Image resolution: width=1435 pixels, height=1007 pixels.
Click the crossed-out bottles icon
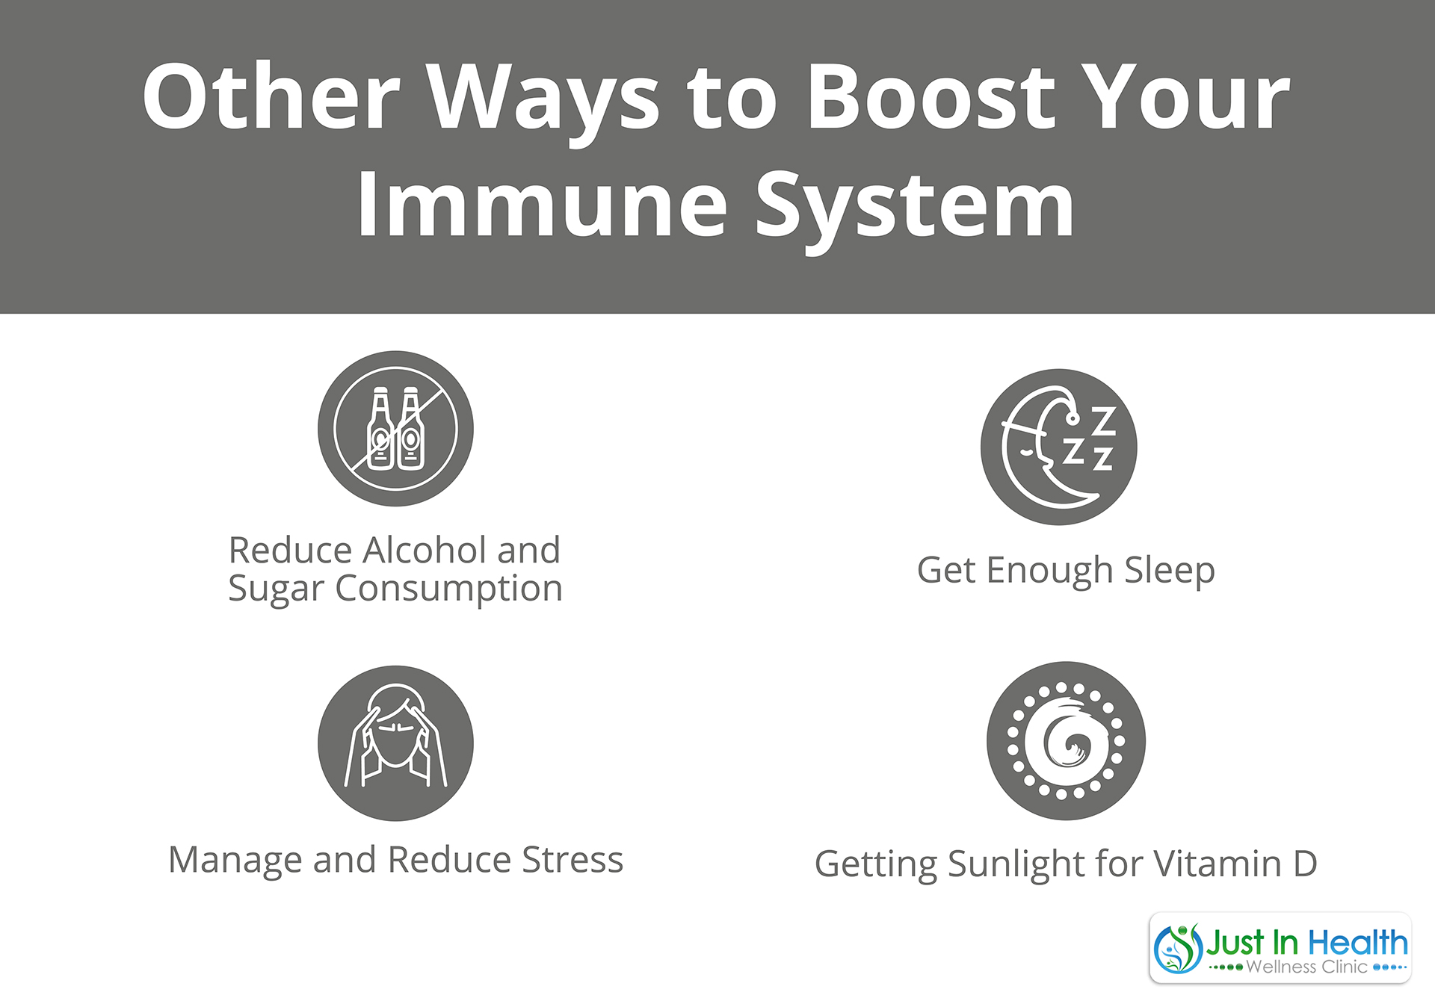coord(395,429)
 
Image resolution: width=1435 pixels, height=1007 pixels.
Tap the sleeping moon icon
coord(1058,447)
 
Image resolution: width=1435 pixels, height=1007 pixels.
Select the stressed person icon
coord(395,743)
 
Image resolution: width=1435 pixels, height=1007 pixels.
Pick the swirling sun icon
coord(1066,740)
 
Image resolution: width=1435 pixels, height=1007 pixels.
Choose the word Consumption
coord(448,589)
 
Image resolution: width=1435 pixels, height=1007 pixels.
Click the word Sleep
coord(1170,571)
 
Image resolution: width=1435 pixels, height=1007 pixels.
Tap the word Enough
coord(1050,571)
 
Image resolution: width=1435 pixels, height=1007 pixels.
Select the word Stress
coord(573,860)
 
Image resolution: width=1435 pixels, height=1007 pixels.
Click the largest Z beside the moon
coord(1104,421)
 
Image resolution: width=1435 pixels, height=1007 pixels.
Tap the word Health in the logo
coord(1357,943)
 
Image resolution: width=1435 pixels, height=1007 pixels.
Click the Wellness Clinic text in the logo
coord(1307,967)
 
